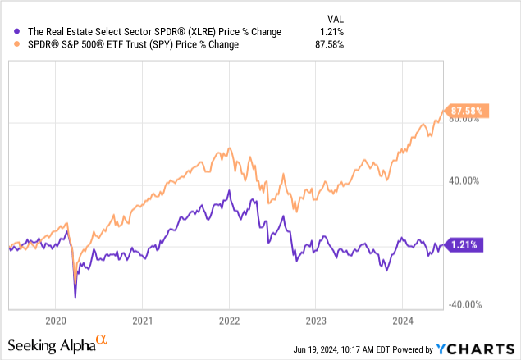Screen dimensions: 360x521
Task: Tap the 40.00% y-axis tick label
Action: pos(466,181)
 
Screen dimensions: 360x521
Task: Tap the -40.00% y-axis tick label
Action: pos(464,304)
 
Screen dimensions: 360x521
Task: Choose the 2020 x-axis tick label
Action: pos(56,321)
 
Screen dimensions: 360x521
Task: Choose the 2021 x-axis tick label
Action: pos(143,321)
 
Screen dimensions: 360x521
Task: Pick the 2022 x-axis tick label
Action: pos(230,321)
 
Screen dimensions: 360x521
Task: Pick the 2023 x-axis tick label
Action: pos(317,321)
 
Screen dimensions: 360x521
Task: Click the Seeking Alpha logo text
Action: pos(53,343)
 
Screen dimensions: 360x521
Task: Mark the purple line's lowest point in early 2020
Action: pos(75,297)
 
